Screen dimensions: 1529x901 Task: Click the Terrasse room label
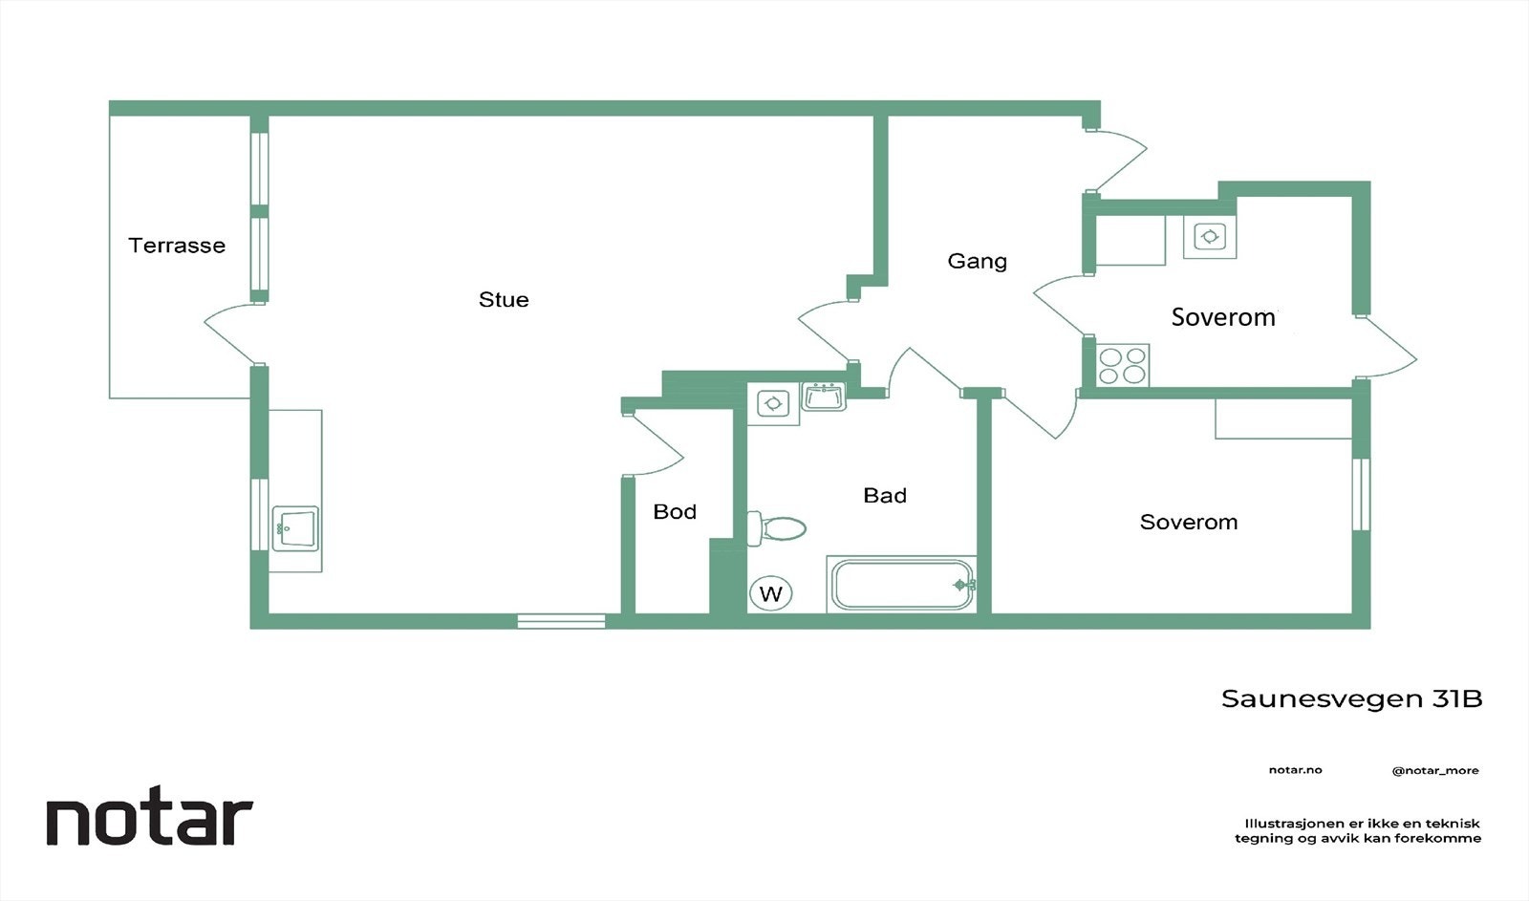tap(177, 246)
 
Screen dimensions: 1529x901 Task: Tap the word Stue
tap(504, 300)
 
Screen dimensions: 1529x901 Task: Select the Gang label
tap(978, 262)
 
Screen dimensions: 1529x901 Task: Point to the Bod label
tap(675, 512)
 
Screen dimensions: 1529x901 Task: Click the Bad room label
tap(885, 496)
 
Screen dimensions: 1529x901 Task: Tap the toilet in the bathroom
tap(777, 528)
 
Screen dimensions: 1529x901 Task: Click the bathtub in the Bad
tap(901, 585)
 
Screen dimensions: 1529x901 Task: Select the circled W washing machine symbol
tap(770, 593)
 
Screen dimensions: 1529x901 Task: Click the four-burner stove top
tap(1123, 365)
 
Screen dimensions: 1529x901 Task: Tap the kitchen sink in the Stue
tap(295, 527)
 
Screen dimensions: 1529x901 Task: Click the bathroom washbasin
tap(823, 397)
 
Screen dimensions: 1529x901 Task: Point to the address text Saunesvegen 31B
tap(1351, 699)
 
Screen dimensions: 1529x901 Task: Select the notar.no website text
tap(1295, 770)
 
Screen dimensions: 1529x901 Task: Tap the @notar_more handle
tap(1435, 771)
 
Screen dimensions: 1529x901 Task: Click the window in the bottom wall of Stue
tap(561, 621)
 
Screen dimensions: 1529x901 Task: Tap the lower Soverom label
tap(1189, 523)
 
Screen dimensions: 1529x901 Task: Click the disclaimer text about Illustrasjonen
tap(1358, 830)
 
